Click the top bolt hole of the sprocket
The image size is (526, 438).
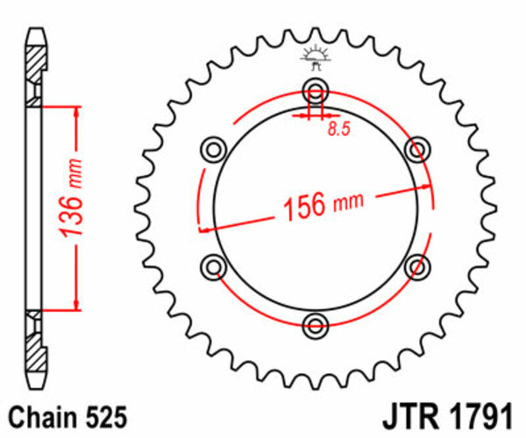click(316, 90)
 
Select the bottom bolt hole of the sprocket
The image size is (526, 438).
click(316, 326)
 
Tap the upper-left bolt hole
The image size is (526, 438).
click(213, 149)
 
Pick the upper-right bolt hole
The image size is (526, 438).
click(417, 149)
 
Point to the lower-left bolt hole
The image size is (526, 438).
click(213, 266)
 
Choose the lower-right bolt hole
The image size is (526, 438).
click(417, 266)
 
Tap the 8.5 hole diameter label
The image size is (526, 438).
click(338, 131)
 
